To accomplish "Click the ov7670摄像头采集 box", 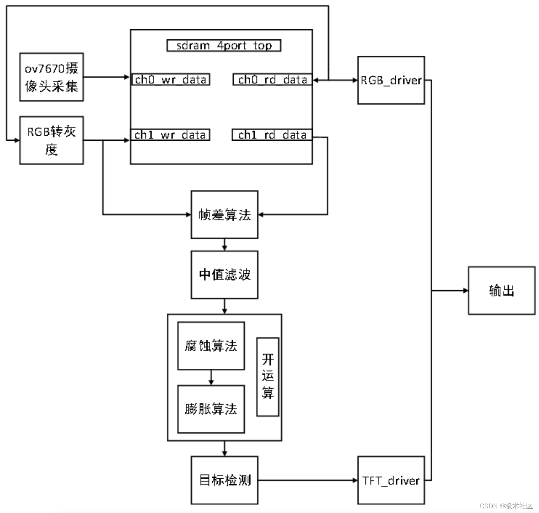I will point(51,77).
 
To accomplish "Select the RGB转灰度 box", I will point(51,140).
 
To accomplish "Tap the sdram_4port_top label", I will point(224,46).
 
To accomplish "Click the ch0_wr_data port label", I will point(171,80).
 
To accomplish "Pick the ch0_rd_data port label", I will point(272,80).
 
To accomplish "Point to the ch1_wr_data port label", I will point(170,135).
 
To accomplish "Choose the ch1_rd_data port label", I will point(272,135).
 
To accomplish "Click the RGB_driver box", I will point(391,80).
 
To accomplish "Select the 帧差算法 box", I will point(224,215).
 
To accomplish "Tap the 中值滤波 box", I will point(224,275).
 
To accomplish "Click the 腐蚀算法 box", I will point(211,346).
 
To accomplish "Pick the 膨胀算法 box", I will point(211,409).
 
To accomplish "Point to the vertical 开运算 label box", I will point(268,377).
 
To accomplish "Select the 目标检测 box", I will point(224,480).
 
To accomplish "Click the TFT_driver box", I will point(391,480).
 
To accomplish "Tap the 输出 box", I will point(502,291).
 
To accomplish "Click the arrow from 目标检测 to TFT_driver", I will point(308,480).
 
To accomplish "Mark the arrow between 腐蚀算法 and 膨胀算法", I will point(211,377).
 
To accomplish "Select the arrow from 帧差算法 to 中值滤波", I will point(224,244).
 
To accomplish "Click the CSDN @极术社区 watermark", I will point(506,506).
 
